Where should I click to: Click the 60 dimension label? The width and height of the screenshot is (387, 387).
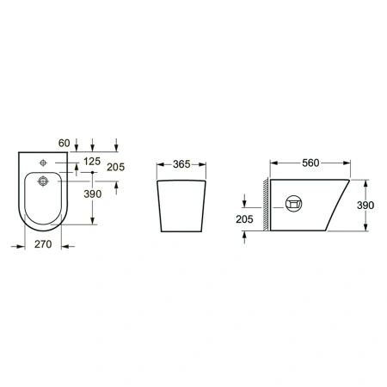click(x=64, y=143)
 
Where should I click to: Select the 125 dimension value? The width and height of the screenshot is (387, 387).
click(x=92, y=162)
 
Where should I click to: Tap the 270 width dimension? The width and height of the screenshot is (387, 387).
click(x=43, y=244)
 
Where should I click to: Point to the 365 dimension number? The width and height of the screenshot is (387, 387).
click(x=181, y=164)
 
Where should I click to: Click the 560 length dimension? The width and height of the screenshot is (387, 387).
click(x=310, y=163)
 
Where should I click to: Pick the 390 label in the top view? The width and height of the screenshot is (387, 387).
click(x=93, y=194)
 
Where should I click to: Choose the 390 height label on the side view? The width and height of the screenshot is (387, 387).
click(x=365, y=206)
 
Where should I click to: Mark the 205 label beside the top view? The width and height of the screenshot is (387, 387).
click(x=116, y=167)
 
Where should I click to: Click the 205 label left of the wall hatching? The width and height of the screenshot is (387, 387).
click(x=244, y=219)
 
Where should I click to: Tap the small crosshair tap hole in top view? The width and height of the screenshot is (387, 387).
click(x=43, y=163)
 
